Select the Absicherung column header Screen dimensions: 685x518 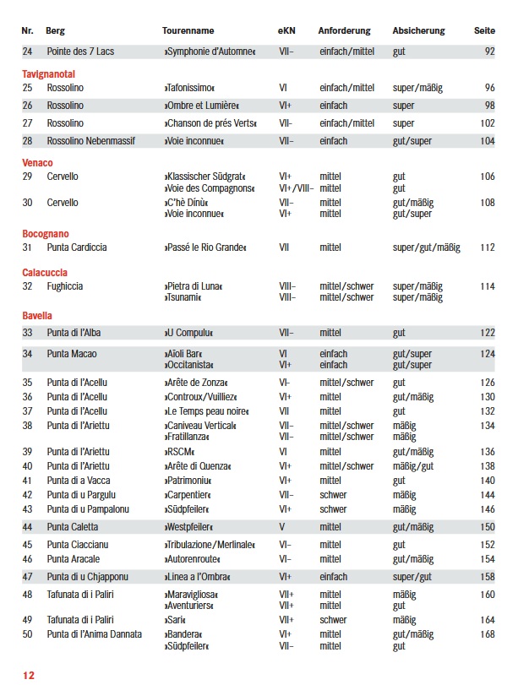(418, 30)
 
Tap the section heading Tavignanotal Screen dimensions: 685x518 (49, 73)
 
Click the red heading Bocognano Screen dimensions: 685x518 (46, 233)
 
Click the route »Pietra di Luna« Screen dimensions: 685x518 (193, 287)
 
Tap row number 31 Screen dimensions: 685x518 (27, 247)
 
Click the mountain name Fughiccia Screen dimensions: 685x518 (65, 287)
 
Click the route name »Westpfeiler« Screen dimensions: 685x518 (188, 527)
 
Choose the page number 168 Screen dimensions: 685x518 (487, 634)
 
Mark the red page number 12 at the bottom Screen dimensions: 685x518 (29, 675)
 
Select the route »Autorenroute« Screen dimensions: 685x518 (192, 559)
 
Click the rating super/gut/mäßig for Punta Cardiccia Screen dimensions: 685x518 (427, 247)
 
